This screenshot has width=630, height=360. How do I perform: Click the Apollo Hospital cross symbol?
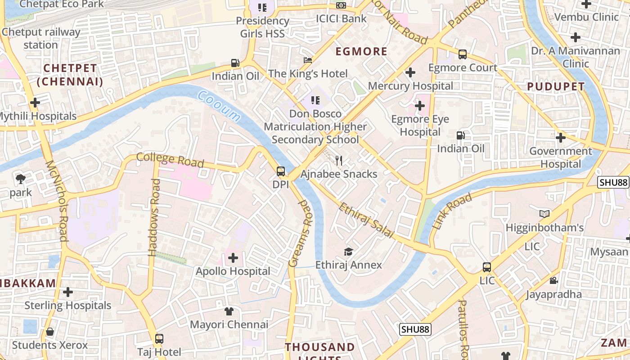coord(233,258)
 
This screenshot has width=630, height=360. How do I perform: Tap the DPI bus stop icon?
coord(280,171)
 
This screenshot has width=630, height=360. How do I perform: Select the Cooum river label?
coord(219,106)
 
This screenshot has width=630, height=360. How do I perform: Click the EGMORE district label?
coord(361,51)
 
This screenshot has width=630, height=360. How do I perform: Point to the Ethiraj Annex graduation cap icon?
coord(348,252)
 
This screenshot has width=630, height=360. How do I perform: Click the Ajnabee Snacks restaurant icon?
coord(339,161)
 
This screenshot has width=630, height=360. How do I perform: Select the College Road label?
coord(170,160)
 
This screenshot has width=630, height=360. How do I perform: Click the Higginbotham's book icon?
coord(544,214)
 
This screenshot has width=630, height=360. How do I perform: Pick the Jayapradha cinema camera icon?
coord(553,281)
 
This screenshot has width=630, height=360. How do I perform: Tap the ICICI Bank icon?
coord(341,5)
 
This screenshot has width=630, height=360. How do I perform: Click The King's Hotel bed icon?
coord(308,60)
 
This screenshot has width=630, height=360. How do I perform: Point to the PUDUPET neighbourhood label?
coord(556,86)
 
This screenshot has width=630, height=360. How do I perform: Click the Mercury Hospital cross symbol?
coord(410,72)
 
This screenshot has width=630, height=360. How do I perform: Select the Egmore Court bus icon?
coord(462,54)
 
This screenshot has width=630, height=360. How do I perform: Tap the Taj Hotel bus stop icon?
coord(159,338)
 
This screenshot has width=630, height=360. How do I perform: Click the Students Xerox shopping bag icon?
coord(50,332)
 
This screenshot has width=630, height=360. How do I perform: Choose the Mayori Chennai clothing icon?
coord(229,311)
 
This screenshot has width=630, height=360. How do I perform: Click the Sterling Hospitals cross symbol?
coord(68,292)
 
